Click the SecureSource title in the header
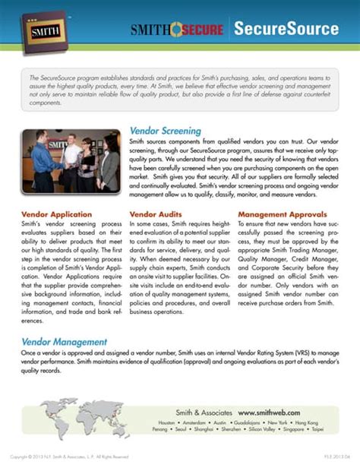[295, 29]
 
